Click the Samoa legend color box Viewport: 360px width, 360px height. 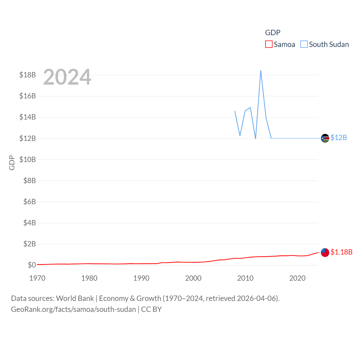269,44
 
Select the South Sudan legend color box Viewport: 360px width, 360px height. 304,44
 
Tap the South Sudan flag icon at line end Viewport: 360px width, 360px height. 325,138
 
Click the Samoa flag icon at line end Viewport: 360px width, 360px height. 325,253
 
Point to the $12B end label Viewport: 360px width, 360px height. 339,138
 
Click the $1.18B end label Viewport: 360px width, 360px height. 341,252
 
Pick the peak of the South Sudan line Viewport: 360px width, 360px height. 261,71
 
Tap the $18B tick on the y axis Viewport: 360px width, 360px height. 28,75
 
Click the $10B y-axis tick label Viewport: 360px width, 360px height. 28,159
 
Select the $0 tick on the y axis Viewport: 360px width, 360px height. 32,265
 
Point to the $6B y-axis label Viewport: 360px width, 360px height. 30,202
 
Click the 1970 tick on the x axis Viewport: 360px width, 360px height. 37,278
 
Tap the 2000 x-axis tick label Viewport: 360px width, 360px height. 193,278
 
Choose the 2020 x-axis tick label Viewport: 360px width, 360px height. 297,278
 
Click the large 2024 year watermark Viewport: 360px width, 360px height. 67,77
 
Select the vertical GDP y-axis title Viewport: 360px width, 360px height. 12,163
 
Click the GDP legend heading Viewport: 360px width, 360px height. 273,33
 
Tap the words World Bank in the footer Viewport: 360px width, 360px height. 75,298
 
